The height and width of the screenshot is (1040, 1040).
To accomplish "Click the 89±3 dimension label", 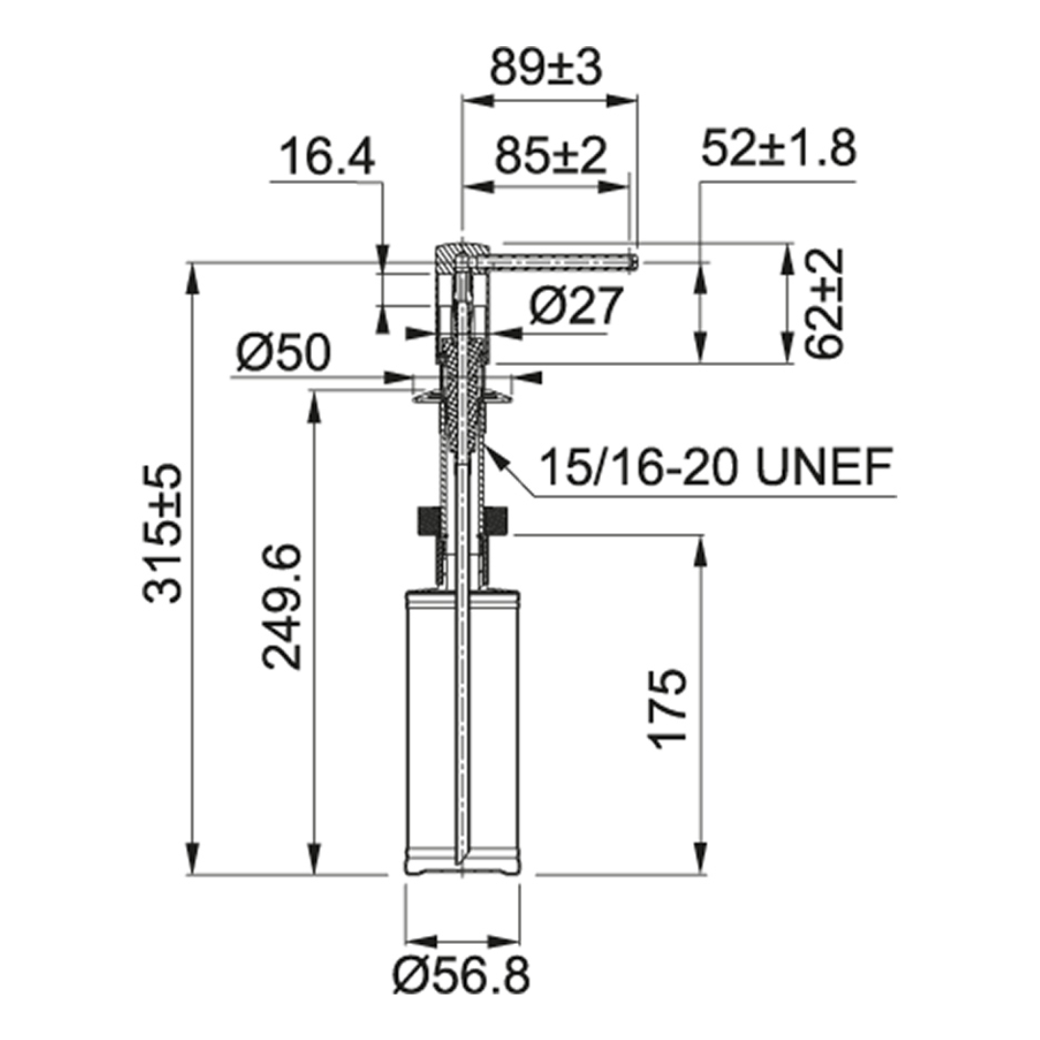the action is click(546, 67).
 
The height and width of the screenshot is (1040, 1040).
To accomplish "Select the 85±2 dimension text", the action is click(551, 155).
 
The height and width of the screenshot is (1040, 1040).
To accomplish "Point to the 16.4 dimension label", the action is click(327, 158).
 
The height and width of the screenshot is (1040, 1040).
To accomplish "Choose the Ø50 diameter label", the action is click(283, 352).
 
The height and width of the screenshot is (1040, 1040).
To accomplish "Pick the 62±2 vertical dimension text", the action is click(826, 303).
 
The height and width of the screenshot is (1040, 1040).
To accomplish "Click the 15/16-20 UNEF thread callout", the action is click(715, 467).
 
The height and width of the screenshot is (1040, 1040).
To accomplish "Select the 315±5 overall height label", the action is click(162, 533).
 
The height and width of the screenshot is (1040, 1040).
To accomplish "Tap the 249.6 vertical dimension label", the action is click(282, 607).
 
